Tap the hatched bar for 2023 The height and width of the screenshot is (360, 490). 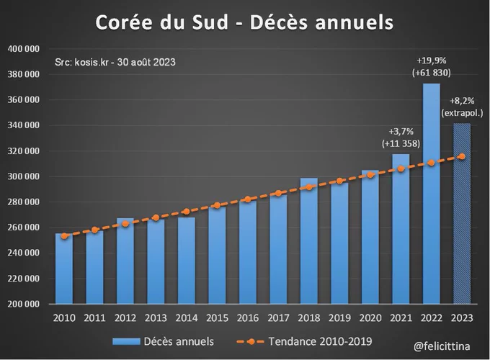pos(462,216)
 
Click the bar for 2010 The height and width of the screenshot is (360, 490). pos(65,270)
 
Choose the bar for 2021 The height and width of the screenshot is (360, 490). pos(401,230)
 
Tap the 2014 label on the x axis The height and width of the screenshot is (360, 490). pos(187,317)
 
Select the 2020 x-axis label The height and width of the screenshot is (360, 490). pos(370,317)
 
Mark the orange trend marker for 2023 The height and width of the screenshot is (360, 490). pos(462,156)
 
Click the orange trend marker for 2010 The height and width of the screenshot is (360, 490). pos(65,235)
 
